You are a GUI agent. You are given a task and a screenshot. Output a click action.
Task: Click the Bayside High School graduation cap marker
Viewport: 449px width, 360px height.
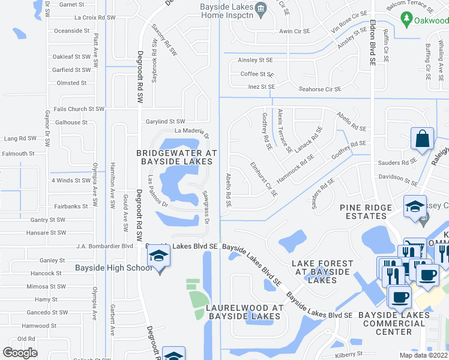click(159, 257)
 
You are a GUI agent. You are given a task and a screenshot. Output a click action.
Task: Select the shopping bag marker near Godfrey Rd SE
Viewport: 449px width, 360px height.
click(423, 138)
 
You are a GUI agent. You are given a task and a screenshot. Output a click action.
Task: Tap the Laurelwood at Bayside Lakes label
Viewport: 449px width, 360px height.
click(244, 312)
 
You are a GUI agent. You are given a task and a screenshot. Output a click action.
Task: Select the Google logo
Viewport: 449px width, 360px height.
click(20, 353)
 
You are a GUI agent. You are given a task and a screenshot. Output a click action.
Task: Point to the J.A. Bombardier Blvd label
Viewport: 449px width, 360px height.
click(105, 246)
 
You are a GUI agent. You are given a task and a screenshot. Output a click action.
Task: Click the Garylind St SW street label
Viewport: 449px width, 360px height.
click(166, 122)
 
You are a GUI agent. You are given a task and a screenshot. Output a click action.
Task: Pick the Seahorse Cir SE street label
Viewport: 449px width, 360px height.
click(320, 89)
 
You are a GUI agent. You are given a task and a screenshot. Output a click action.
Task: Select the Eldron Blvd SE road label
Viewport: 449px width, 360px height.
click(373, 42)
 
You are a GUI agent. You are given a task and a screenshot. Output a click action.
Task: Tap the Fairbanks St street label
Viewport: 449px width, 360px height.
click(71, 206)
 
